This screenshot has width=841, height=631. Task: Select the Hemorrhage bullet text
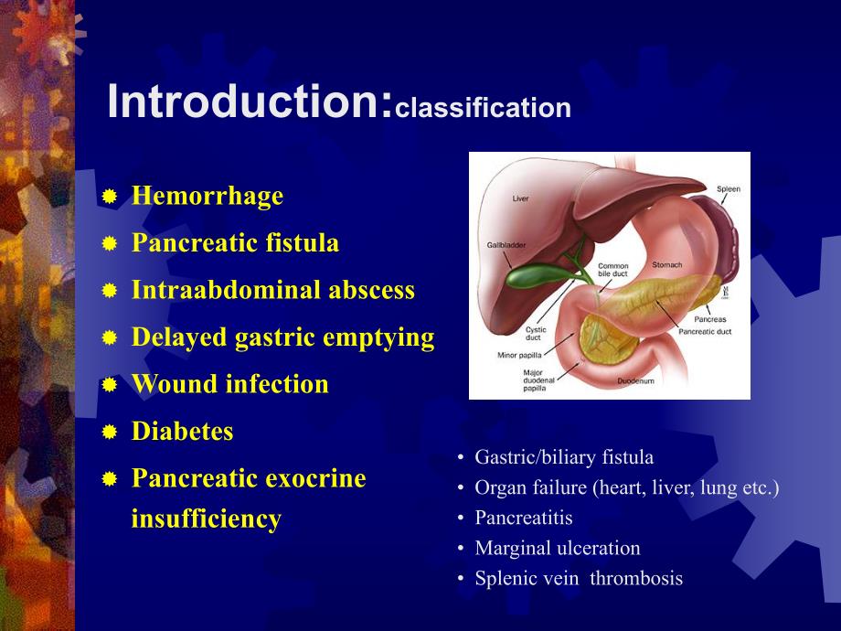(x=208, y=196)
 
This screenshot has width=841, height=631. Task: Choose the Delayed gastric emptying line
(x=282, y=337)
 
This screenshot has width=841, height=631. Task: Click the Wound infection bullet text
(x=230, y=384)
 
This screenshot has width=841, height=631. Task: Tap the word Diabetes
(x=183, y=431)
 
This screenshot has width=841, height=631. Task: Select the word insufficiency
(x=207, y=519)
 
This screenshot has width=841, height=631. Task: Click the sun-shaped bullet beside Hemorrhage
(x=110, y=197)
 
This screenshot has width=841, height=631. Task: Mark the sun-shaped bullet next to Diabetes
(x=110, y=432)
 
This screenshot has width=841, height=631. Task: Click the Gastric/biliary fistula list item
(x=564, y=457)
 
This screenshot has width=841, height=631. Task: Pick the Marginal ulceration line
(x=558, y=548)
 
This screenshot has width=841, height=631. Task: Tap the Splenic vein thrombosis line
(x=579, y=578)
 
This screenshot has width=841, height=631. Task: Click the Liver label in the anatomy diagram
(x=520, y=198)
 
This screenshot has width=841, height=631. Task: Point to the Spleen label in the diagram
(x=728, y=188)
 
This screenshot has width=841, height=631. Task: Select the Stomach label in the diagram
(x=666, y=265)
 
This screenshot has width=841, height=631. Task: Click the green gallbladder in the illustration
(x=530, y=273)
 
